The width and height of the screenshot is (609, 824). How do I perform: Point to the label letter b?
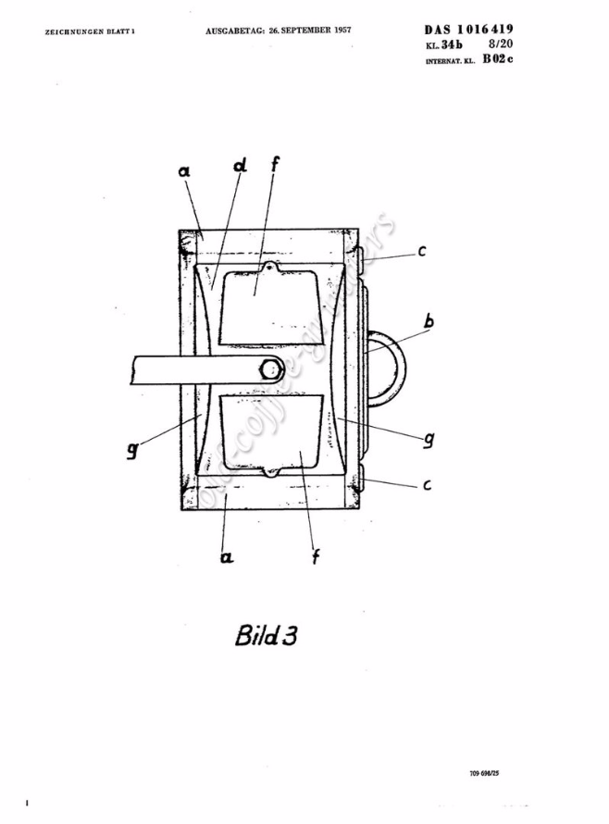pos(429,322)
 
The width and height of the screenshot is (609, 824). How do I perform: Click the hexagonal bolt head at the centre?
pos(270,369)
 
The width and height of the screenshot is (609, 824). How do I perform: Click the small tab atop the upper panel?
pos(270,268)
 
